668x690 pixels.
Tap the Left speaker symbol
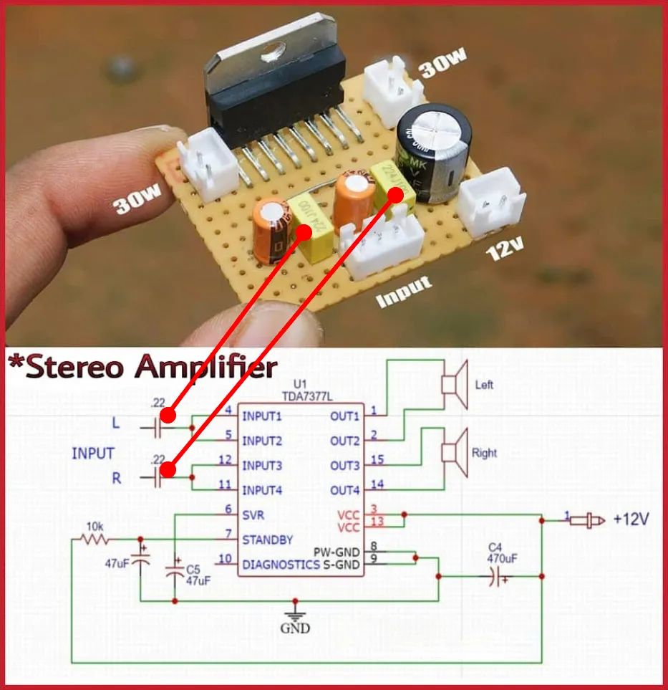454,385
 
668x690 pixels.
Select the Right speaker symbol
454,453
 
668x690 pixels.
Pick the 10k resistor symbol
95,539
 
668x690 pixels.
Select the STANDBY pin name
267,539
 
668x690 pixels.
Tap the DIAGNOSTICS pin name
281,565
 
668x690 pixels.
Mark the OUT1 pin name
345,416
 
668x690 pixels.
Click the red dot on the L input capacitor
168,416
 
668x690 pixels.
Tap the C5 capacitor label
193,570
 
